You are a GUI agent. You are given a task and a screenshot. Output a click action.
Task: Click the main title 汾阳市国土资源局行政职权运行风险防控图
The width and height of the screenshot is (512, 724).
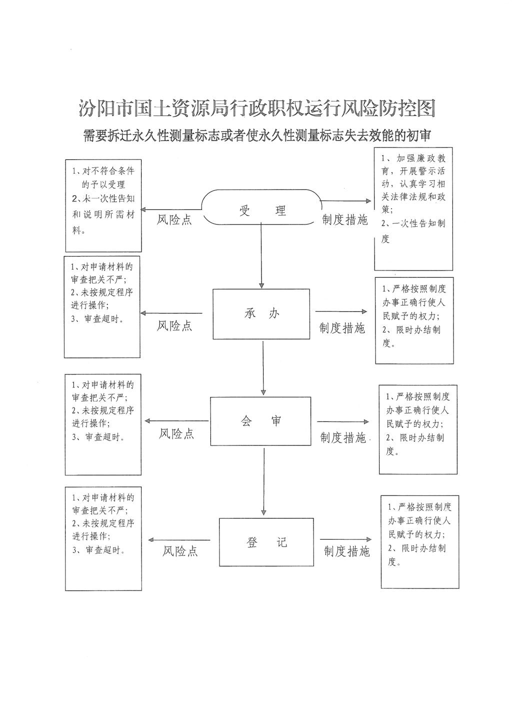coord(257,108)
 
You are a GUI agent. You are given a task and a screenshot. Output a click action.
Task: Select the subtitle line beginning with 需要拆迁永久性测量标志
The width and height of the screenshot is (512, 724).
coord(257,135)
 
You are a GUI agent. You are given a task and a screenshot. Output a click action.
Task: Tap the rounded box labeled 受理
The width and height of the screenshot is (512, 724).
coord(261,207)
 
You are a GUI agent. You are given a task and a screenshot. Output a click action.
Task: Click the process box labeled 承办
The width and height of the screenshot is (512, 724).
coord(261,314)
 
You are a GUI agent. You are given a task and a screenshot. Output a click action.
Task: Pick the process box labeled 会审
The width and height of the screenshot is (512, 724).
coord(260,421)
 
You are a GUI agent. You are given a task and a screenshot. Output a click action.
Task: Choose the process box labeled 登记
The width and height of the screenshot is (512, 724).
coord(266,542)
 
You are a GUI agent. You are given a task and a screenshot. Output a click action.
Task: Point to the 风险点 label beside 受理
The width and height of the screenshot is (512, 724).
coord(174,220)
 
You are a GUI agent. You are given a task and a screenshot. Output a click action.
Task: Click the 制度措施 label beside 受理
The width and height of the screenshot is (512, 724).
coord(345,220)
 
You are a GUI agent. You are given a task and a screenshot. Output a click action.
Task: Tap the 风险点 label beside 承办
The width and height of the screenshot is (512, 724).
coord(174,325)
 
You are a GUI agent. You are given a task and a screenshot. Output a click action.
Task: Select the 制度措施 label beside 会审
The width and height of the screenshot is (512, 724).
coord(343,437)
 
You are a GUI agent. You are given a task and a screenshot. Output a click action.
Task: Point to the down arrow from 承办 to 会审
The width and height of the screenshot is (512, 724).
coord(263,368)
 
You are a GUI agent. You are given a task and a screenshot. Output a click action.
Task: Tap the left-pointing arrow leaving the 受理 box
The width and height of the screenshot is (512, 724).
coord(171,209)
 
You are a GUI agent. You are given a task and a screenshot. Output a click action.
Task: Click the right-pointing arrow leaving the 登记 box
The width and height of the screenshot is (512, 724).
coord(346,539)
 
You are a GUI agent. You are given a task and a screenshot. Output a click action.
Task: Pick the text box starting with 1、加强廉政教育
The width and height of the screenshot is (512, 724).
coord(413,209)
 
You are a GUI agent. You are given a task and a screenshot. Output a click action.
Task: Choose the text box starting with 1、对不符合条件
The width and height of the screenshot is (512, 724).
coord(103,205)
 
